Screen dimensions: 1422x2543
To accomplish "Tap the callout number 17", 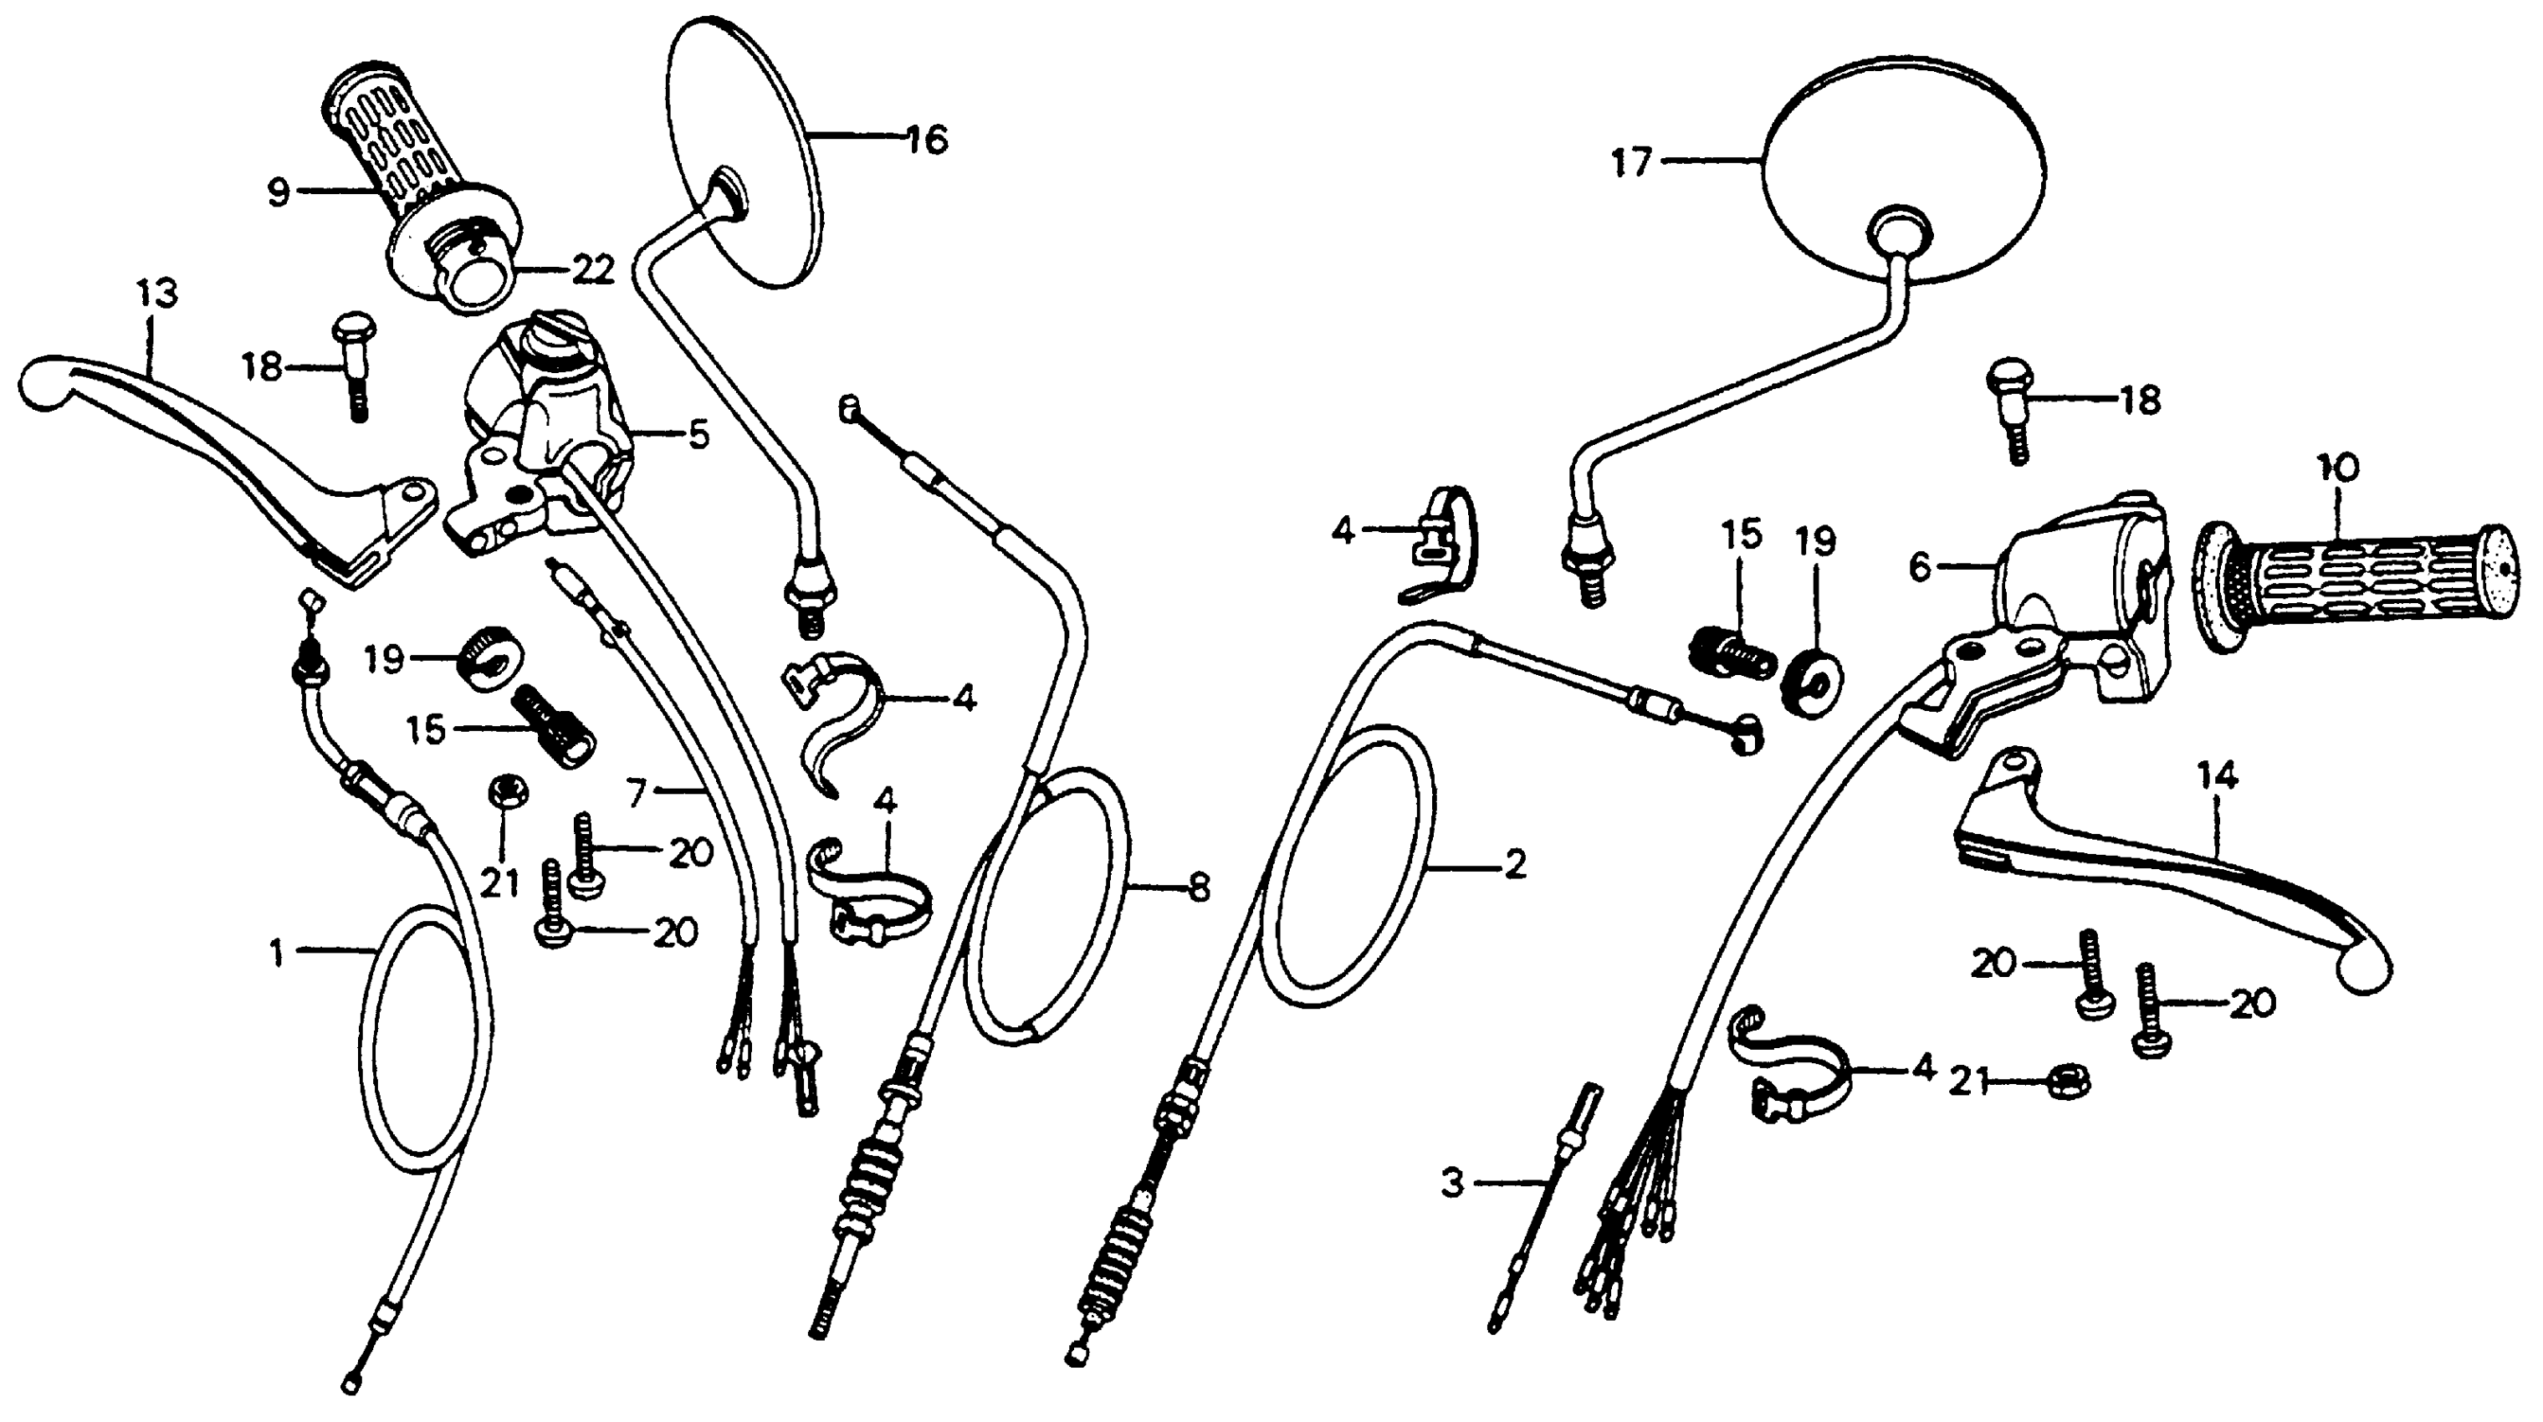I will pyautogui.click(x=1631, y=163).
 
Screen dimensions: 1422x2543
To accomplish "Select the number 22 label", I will pyautogui.click(x=592, y=270).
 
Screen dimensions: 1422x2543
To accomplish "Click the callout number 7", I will pyautogui.click(x=637, y=790).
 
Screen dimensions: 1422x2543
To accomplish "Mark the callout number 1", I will pyautogui.click(x=278, y=954).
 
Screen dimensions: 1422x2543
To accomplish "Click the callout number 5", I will pyautogui.click(x=699, y=435).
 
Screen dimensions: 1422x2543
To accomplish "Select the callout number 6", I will pyautogui.click(x=1918, y=567).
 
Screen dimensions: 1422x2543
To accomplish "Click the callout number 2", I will pyautogui.click(x=1513, y=866).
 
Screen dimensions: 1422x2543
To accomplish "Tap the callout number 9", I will pyautogui.click(x=279, y=192).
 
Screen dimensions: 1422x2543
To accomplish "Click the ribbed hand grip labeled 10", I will pyautogui.click(x=2350, y=588).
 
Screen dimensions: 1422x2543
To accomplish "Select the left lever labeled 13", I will pyautogui.click(x=197, y=434).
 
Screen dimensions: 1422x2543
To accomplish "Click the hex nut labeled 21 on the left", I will pyautogui.click(x=508, y=792).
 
